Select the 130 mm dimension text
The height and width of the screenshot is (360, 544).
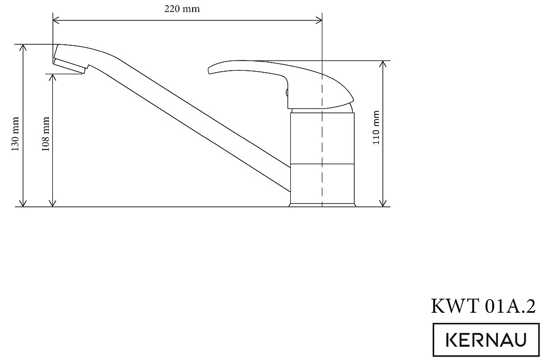pyautogui.click(x=16, y=133)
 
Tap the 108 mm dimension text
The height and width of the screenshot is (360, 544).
pyautogui.click(x=46, y=133)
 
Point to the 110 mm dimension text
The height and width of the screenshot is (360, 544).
pyautogui.click(x=376, y=128)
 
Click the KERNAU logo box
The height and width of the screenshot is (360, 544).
pyautogui.click(x=486, y=339)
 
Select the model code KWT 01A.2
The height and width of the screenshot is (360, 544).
pyautogui.click(x=483, y=307)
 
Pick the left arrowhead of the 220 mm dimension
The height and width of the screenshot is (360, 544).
pyautogui.click(x=55, y=20)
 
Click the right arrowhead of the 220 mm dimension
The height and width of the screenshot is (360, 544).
pyautogui.click(x=319, y=20)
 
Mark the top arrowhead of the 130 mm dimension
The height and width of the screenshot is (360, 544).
pyautogui.click(x=22, y=47)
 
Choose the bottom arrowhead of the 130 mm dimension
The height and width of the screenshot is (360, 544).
pyautogui.click(x=22, y=203)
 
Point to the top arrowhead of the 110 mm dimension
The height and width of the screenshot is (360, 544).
pyautogui.click(x=383, y=64)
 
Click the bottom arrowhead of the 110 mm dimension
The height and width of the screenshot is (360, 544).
pyautogui.click(x=383, y=203)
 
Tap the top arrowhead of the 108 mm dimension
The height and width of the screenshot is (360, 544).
pyautogui.click(x=52, y=77)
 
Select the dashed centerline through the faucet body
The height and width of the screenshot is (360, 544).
pyautogui.click(x=322, y=153)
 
